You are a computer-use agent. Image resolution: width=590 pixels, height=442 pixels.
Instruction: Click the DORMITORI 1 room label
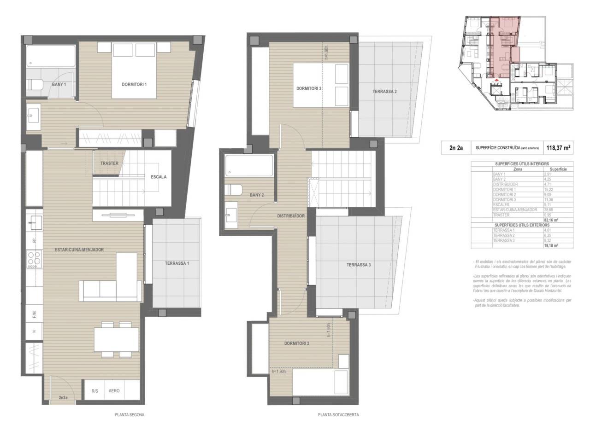point(134,84)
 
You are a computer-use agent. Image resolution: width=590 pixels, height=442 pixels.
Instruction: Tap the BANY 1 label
point(59,84)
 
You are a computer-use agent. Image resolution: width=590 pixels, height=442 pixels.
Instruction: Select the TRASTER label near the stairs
point(109,163)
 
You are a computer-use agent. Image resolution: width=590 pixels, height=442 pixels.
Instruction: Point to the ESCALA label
point(159,177)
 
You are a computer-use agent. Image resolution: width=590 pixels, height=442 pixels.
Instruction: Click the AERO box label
point(114,391)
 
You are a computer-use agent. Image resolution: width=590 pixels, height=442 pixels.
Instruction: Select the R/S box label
point(94,391)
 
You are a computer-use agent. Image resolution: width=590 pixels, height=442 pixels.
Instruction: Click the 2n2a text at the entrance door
point(63,397)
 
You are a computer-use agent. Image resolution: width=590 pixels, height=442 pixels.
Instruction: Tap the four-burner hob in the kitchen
point(34,259)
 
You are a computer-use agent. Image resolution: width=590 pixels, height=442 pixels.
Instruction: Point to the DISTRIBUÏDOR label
point(291,215)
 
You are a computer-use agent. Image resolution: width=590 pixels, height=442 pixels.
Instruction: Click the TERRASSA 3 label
point(359,265)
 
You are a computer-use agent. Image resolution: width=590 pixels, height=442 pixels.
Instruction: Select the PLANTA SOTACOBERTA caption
point(338,415)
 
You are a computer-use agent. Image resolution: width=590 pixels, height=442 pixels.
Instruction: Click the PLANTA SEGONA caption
point(130,415)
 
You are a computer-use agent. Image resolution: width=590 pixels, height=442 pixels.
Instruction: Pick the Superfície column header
point(558,169)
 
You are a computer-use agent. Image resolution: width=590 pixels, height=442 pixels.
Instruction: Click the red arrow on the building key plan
point(496,81)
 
